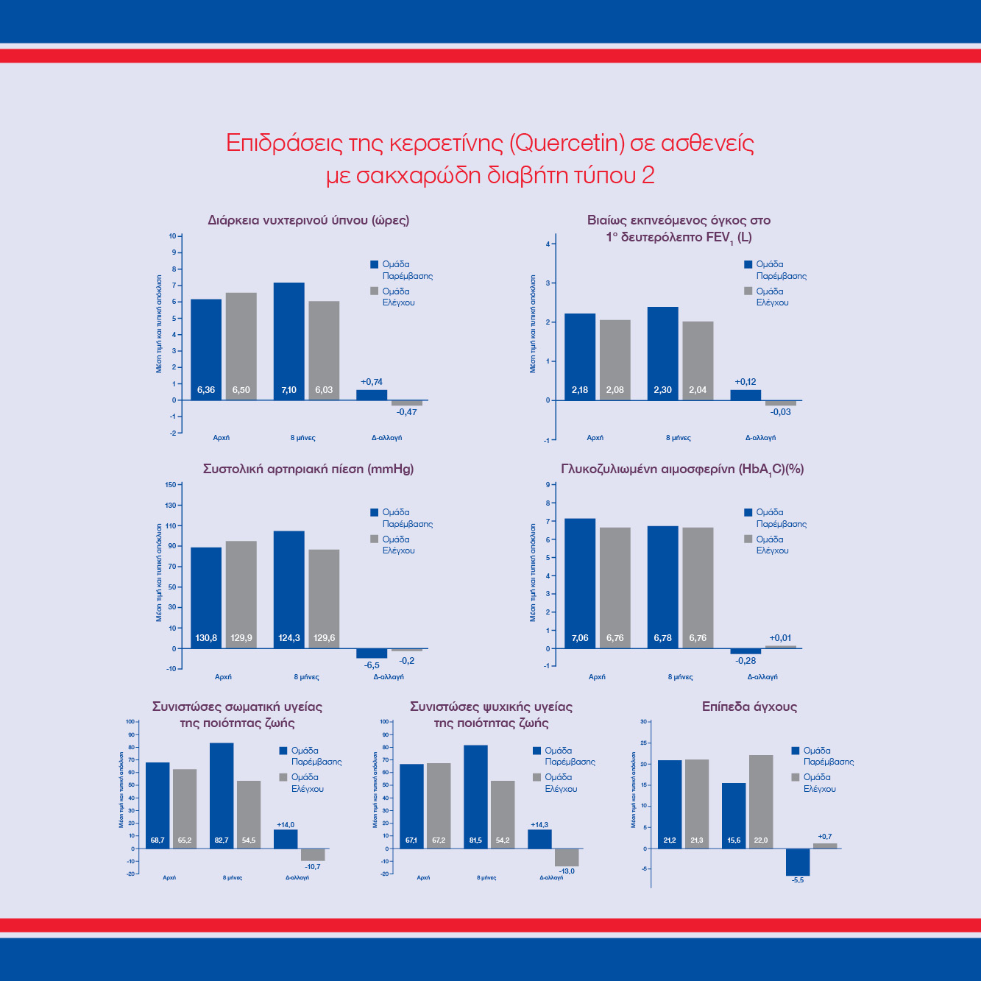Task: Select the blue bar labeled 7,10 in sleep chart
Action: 288,341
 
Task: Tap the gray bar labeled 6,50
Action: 241,346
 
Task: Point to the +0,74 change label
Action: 372,382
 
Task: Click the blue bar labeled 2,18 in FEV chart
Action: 580,357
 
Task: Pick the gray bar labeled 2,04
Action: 698,361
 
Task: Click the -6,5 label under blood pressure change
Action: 372,665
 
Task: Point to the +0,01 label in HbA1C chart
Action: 780,638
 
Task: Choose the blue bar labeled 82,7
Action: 222,796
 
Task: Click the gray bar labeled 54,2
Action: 503,814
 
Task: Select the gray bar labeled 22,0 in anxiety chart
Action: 761,801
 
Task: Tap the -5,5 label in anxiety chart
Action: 798,880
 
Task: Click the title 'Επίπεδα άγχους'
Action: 749,706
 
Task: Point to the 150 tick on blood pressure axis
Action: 171,484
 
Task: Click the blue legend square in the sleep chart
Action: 374,264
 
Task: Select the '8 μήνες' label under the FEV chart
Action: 678,438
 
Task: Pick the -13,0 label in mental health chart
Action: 567,871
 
